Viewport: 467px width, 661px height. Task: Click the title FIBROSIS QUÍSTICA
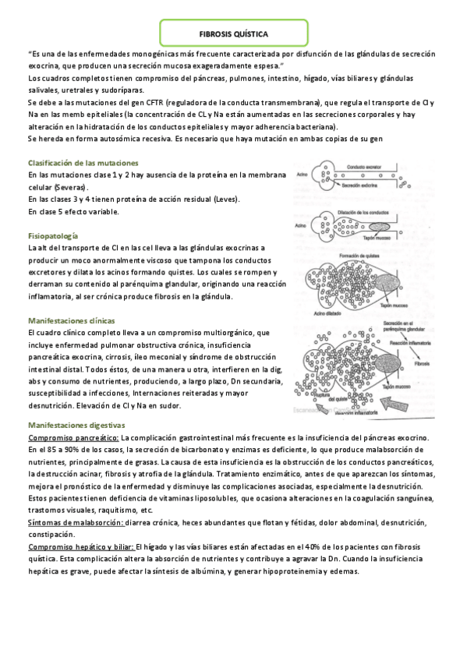[233, 34]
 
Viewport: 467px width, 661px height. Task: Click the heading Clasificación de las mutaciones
[83, 163]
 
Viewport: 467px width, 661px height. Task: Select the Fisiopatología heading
[52, 235]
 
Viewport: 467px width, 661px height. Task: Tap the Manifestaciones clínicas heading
[72, 320]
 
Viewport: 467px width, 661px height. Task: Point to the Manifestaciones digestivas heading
[76, 426]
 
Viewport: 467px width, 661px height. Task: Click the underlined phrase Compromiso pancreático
[73, 438]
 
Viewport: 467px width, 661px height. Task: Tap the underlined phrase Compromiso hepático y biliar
[80, 547]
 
